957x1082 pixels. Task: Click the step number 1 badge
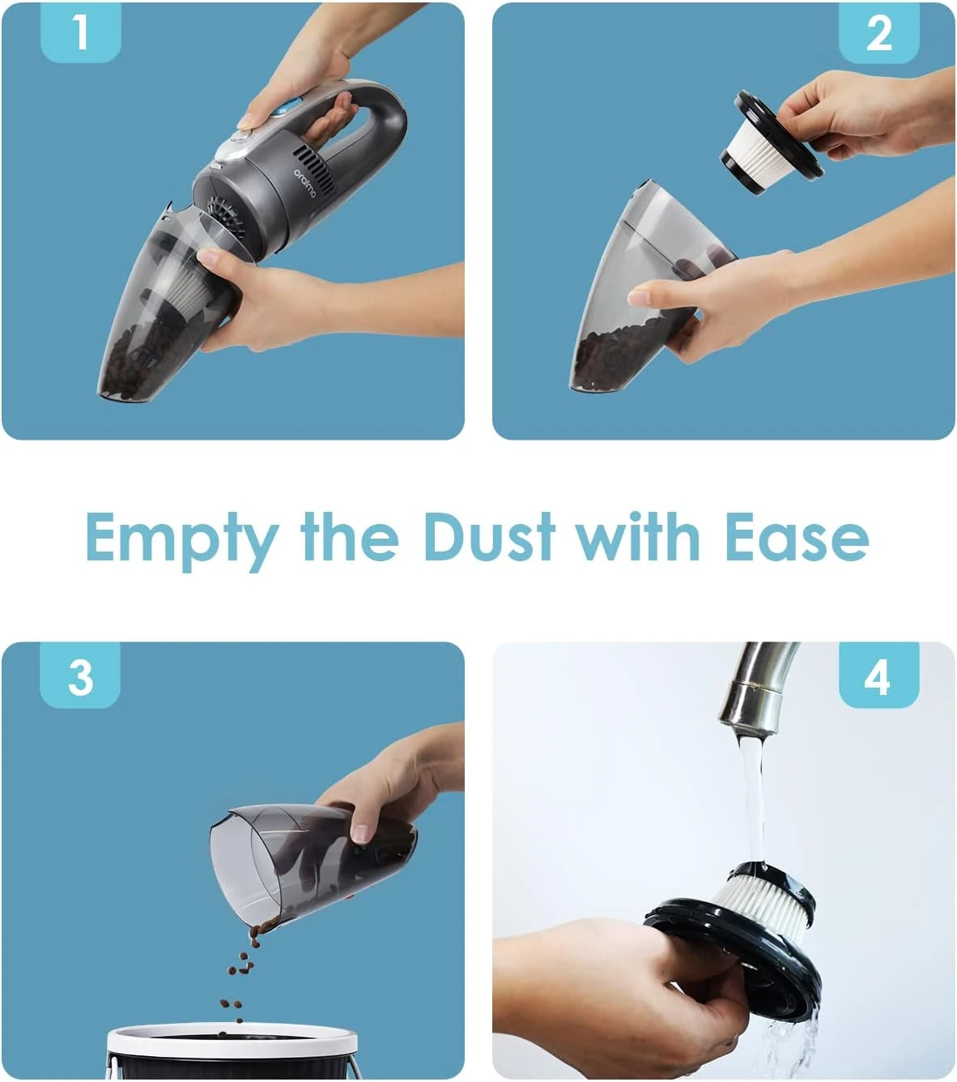[81, 32]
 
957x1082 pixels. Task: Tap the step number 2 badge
[878, 33]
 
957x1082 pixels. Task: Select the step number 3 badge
[80, 676]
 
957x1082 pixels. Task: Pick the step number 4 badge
[879, 676]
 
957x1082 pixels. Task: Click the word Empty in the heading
[181, 540]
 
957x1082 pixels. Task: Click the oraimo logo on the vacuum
[305, 183]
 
